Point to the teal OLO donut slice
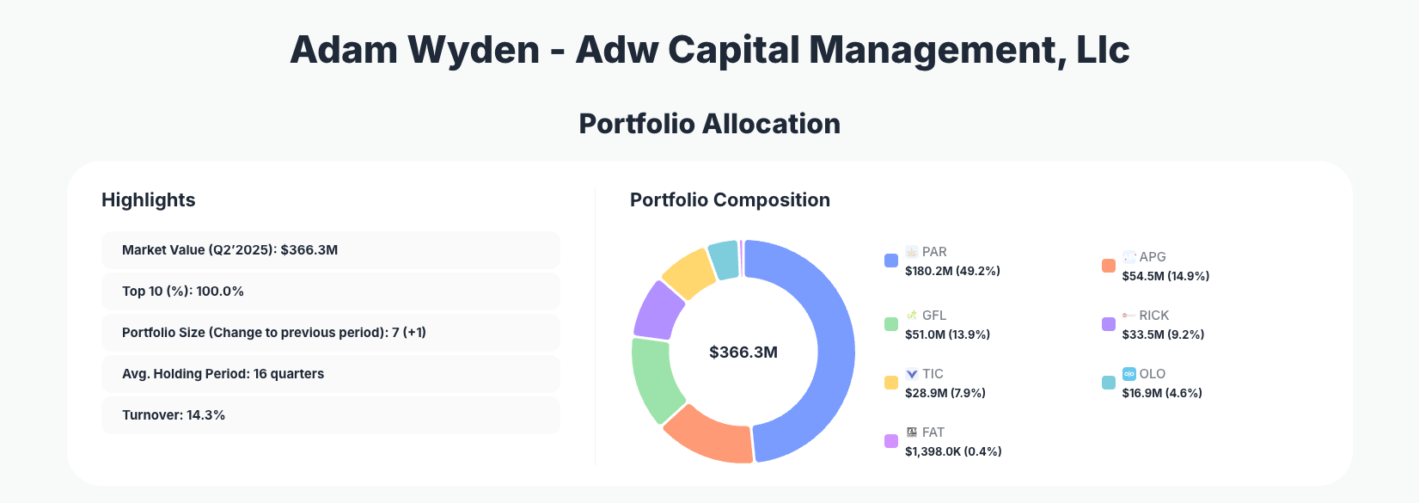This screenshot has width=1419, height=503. click(x=725, y=259)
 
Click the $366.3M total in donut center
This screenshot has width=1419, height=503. click(x=743, y=353)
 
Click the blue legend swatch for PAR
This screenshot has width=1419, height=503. click(x=891, y=261)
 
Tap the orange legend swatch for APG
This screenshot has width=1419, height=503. click(x=1109, y=266)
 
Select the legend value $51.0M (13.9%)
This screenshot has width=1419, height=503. click(x=947, y=334)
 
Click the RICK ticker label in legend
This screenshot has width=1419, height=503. click(x=1153, y=316)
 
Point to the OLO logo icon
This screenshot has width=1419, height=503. click(x=1129, y=374)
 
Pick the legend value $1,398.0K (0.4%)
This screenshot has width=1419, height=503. click(x=953, y=451)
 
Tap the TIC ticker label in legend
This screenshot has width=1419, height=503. click(x=933, y=374)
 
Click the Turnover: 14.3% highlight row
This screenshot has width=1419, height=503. click(x=330, y=415)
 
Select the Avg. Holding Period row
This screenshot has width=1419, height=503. click(x=330, y=374)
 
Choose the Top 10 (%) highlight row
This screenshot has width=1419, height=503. click(x=330, y=291)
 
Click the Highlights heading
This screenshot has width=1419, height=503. click(x=149, y=200)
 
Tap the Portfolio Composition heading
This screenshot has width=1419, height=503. click(x=730, y=200)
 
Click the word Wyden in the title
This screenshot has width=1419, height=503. click(x=474, y=50)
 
